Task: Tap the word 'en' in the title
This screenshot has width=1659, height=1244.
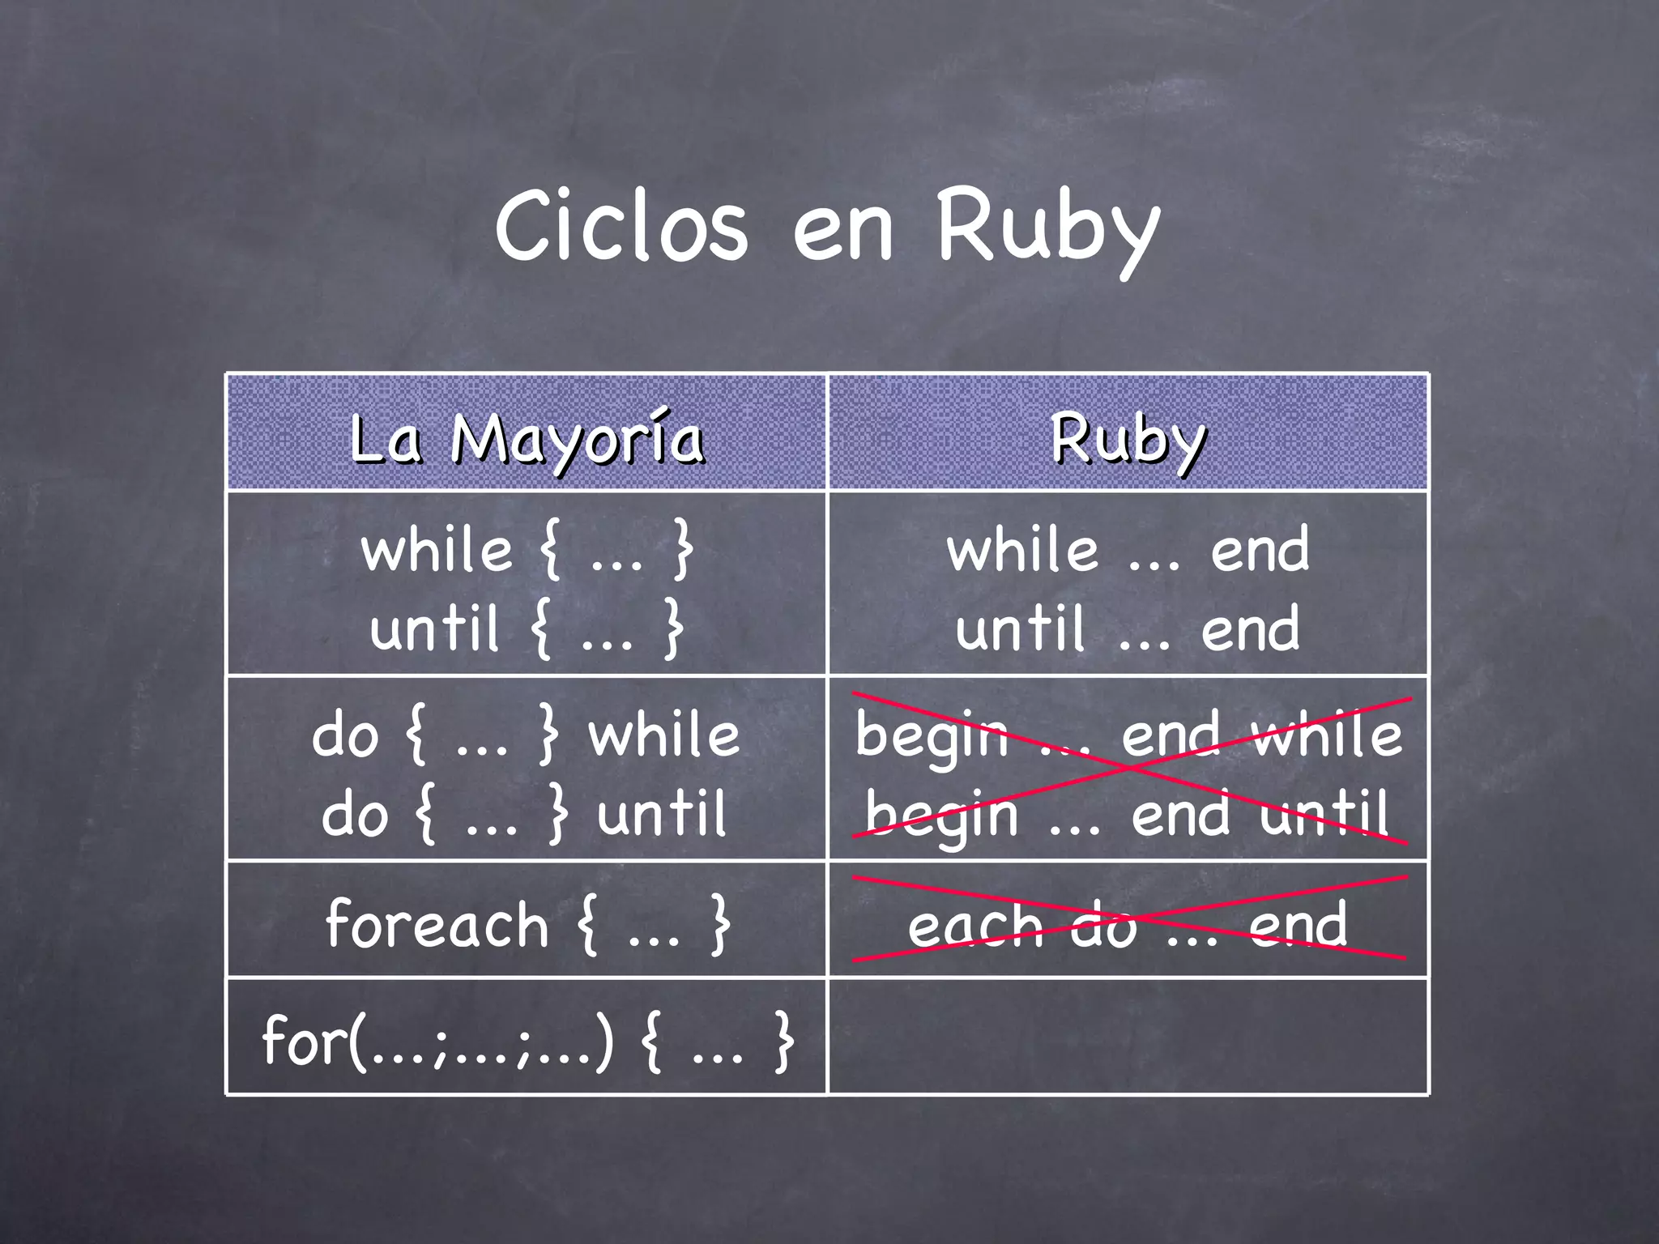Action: coord(842,231)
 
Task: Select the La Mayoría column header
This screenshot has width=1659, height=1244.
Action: coord(527,439)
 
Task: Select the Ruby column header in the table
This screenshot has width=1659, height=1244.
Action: coord(1128,439)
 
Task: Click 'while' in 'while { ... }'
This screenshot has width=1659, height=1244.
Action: coord(437,551)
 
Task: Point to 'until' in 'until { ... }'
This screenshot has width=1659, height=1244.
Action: coord(435,628)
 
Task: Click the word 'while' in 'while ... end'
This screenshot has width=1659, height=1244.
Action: coord(1023,551)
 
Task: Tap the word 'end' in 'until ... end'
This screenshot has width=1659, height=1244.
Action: coord(1250,630)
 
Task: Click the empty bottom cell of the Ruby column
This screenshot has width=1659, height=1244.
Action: coord(1128,1037)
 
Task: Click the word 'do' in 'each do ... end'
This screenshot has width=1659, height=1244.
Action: coord(1103,926)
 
